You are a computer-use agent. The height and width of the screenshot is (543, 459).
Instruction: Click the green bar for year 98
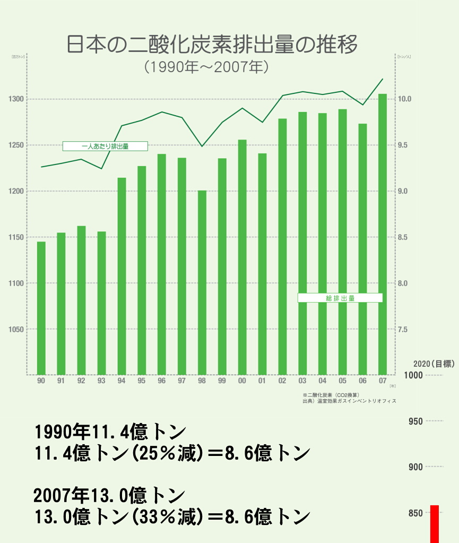pyautogui.click(x=202, y=281)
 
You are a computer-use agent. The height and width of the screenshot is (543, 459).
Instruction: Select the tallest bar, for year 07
pyautogui.click(x=382, y=234)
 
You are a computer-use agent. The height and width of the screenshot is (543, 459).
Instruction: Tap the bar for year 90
pyautogui.click(x=41, y=308)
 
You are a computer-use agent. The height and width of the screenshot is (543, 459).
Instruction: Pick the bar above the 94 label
pyautogui.click(x=122, y=276)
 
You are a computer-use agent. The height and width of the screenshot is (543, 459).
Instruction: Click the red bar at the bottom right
pyautogui.click(x=435, y=524)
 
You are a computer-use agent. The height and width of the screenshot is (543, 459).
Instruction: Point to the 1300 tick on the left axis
pyautogui.click(x=16, y=99)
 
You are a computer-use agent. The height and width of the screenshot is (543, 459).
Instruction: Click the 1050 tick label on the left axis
pyautogui.click(x=16, y=330)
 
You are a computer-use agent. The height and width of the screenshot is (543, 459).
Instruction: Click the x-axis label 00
pyautogui.click(x=242, y=381)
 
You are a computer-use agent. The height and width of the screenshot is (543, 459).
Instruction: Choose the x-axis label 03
pyautogui.click(x=302, y=381)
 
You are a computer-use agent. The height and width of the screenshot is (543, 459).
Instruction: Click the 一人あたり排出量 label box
pyautogui.click(x=105, y=146)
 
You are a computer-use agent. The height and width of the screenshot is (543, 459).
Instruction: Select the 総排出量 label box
pyautogui.click(x=340, y=298)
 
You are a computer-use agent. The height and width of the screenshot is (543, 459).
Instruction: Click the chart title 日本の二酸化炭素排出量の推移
pyautogui.click(x=212, y=45)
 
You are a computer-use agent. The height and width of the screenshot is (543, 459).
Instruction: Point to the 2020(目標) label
pyautogui.click(x=434, y=364)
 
